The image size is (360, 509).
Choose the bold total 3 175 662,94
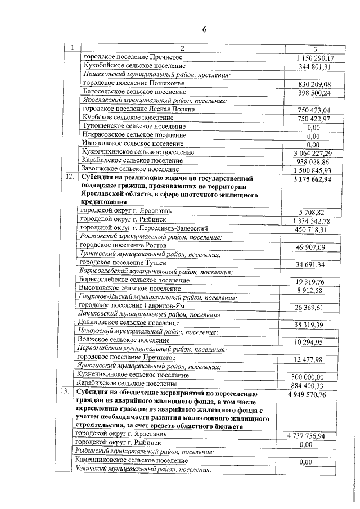313,179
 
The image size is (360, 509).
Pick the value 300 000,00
315,376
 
